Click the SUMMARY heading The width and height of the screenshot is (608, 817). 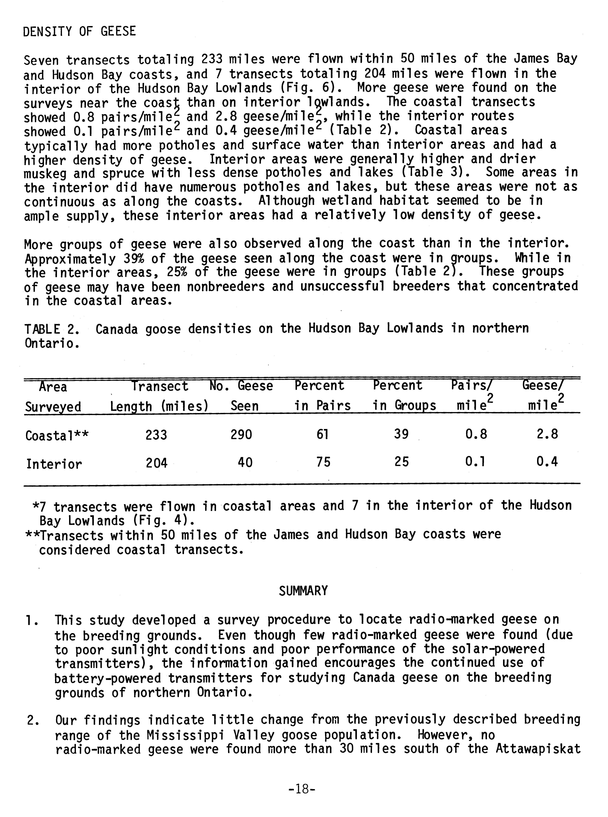coord(303,591)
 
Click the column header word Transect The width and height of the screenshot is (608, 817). coord(160,386)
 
